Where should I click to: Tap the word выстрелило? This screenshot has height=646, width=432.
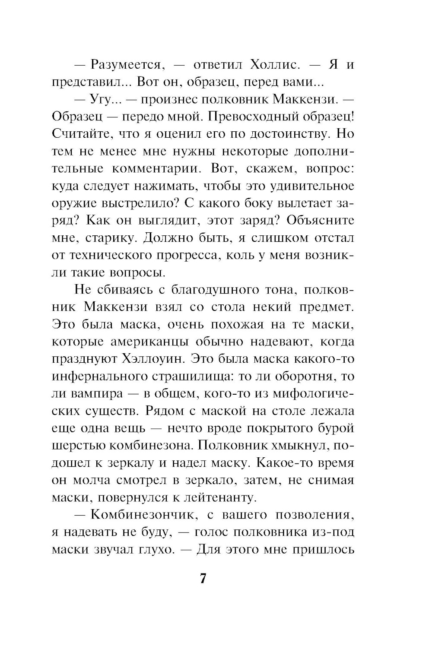[140, 203]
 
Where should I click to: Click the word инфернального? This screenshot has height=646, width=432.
[98, 376]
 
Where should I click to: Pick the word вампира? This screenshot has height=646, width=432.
[93, 393]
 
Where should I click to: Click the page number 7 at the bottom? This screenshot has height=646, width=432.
[203, 578]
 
